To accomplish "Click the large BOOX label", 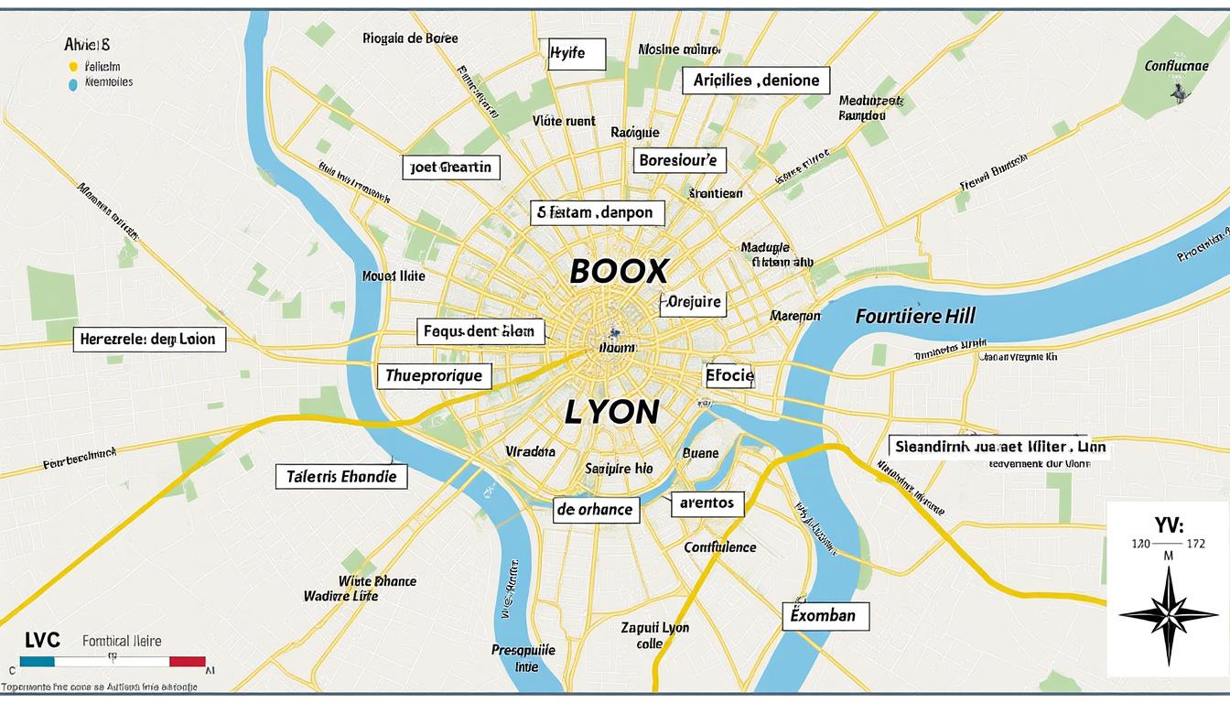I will pos(620,270).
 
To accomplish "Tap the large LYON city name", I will pos(611,412).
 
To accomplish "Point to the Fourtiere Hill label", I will pos(915,317).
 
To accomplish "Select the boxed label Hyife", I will pos(577,54).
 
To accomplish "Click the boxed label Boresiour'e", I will pos(679,161).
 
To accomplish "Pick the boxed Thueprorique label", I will pos(435,374).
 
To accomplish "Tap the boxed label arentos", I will pos(707,503).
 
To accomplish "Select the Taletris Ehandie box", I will pos(340,477).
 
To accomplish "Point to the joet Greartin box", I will pos(452,167).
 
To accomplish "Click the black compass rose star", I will pos(1168,614).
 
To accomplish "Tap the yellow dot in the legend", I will pos(73,67).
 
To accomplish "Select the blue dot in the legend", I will pos(73,82).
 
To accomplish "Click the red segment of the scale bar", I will pos(188,661).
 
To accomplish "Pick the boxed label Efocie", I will pos(729,374).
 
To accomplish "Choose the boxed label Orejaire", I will pos(693,302).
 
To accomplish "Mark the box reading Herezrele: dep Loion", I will pos(148,340).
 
